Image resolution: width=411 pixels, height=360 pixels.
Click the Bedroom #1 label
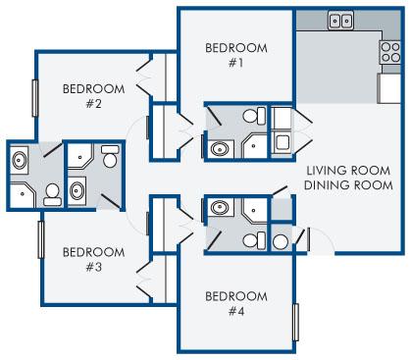[x=236, y=55]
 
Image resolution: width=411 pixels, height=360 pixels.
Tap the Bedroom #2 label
[x=93, y=96]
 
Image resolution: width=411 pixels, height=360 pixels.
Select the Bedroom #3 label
[x=93, y=260]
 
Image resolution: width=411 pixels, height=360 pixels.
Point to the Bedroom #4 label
[x=236, y=304]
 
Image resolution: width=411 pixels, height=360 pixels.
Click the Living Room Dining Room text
[x=348, y=178]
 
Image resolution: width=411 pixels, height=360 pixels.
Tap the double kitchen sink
[x=340, y=21]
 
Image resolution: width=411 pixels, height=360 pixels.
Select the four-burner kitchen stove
[x=390, y=52]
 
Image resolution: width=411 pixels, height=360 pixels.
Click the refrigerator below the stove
[x=389, y=88]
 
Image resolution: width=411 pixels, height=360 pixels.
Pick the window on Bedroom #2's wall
[x=35, y=98]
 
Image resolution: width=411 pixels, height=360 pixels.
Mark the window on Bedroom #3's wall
[x=41, y=239]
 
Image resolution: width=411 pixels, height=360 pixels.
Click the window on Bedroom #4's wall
[x=296, y=323]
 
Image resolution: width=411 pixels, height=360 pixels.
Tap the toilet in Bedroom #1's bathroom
[x=254, y=116]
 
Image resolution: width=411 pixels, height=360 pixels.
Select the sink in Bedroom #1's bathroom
[x=220, y=149]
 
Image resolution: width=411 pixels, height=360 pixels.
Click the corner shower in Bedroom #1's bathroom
[x=255, y=146]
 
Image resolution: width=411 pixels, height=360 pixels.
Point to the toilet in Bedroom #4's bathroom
[x=254, y=240]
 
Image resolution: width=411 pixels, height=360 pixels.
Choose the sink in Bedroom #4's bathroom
[x=220, y=207]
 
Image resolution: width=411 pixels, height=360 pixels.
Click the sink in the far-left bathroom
[x=19, y=160]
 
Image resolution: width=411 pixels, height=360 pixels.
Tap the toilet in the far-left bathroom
[x=52, y=194]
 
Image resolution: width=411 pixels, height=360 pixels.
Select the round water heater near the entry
[x=281, y=242]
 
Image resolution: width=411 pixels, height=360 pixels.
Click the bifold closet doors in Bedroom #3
[x=144, y=281]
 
